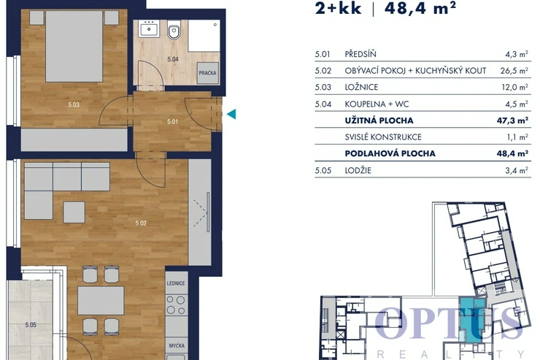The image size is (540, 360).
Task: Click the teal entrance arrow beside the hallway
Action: pos(232,114)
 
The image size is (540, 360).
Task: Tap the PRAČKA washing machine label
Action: pos(207,73)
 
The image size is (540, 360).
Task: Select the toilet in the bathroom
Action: pos(174,30)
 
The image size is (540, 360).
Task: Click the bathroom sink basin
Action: pos(148,28)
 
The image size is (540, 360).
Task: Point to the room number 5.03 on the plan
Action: pos(74,104)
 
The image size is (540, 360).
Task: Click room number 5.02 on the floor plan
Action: pos(141,223)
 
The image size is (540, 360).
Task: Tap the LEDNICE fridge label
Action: pos(176,283)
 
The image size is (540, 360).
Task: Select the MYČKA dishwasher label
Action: pos(177,345)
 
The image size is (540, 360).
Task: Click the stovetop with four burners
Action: pos(176,305)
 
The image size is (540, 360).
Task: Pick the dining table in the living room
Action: pos(101,300)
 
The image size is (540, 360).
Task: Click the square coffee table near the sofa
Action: pos(74,212)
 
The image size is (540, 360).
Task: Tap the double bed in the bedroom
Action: pos(74,46)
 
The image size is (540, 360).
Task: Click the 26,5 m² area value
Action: pos(514,71)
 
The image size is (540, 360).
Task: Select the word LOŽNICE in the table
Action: pos(361,87)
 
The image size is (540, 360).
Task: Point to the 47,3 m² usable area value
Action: pos(512,120)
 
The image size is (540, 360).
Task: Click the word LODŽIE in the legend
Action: pos(358,171)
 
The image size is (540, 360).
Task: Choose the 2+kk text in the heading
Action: pos(338,7)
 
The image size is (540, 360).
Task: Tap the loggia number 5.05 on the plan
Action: pos(31,325)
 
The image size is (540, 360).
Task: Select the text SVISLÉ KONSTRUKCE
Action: pos(383,137)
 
